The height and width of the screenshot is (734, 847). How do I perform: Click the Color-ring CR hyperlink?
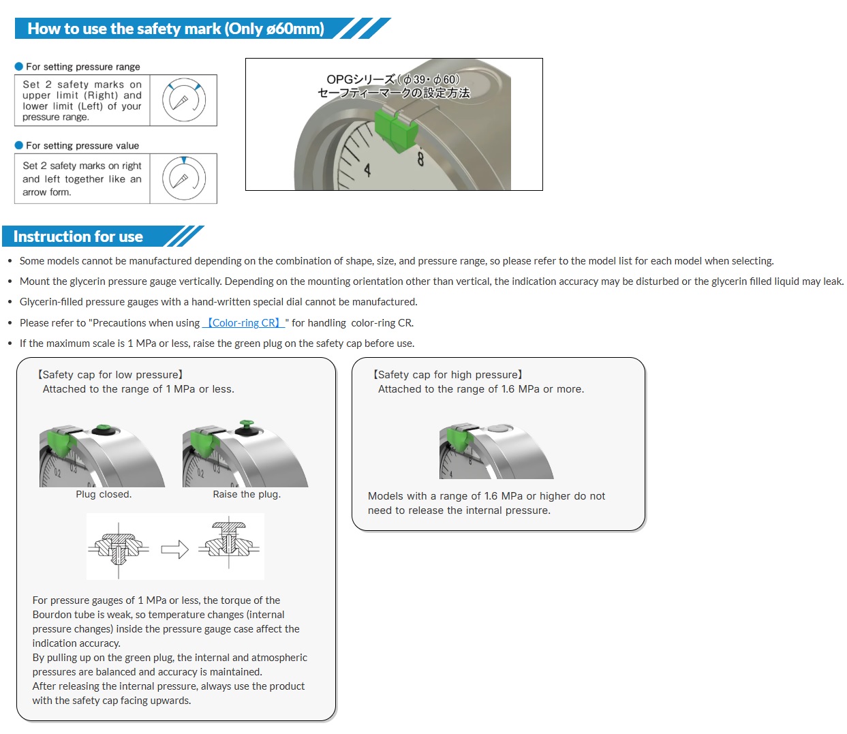pos(243,323)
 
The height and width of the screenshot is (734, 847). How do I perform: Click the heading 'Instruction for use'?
pos(78,237)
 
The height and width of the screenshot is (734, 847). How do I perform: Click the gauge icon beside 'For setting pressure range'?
pos(183,100)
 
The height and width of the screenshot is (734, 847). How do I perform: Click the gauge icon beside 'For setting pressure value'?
pos(183,179)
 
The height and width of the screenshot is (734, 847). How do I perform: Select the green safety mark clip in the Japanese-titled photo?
pos(395,128)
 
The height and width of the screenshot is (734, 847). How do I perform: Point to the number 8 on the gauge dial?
pos(420,159)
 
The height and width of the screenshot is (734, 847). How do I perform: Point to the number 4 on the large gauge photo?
pos(367,170)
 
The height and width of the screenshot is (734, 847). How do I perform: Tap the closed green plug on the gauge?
pos(104,429)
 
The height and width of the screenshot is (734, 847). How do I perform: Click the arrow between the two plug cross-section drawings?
pos(174,549)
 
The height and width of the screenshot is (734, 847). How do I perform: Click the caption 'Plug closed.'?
pos(104,494)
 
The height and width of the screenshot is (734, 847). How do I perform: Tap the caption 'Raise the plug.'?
pos(247,494)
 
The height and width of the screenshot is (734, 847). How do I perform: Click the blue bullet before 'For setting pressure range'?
pos(19,67)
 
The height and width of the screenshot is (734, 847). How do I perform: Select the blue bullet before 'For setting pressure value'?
pos(19,146)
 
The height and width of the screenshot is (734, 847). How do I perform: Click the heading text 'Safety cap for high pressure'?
pos(448,375)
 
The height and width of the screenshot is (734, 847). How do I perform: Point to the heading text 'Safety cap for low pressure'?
pos(110,375)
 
